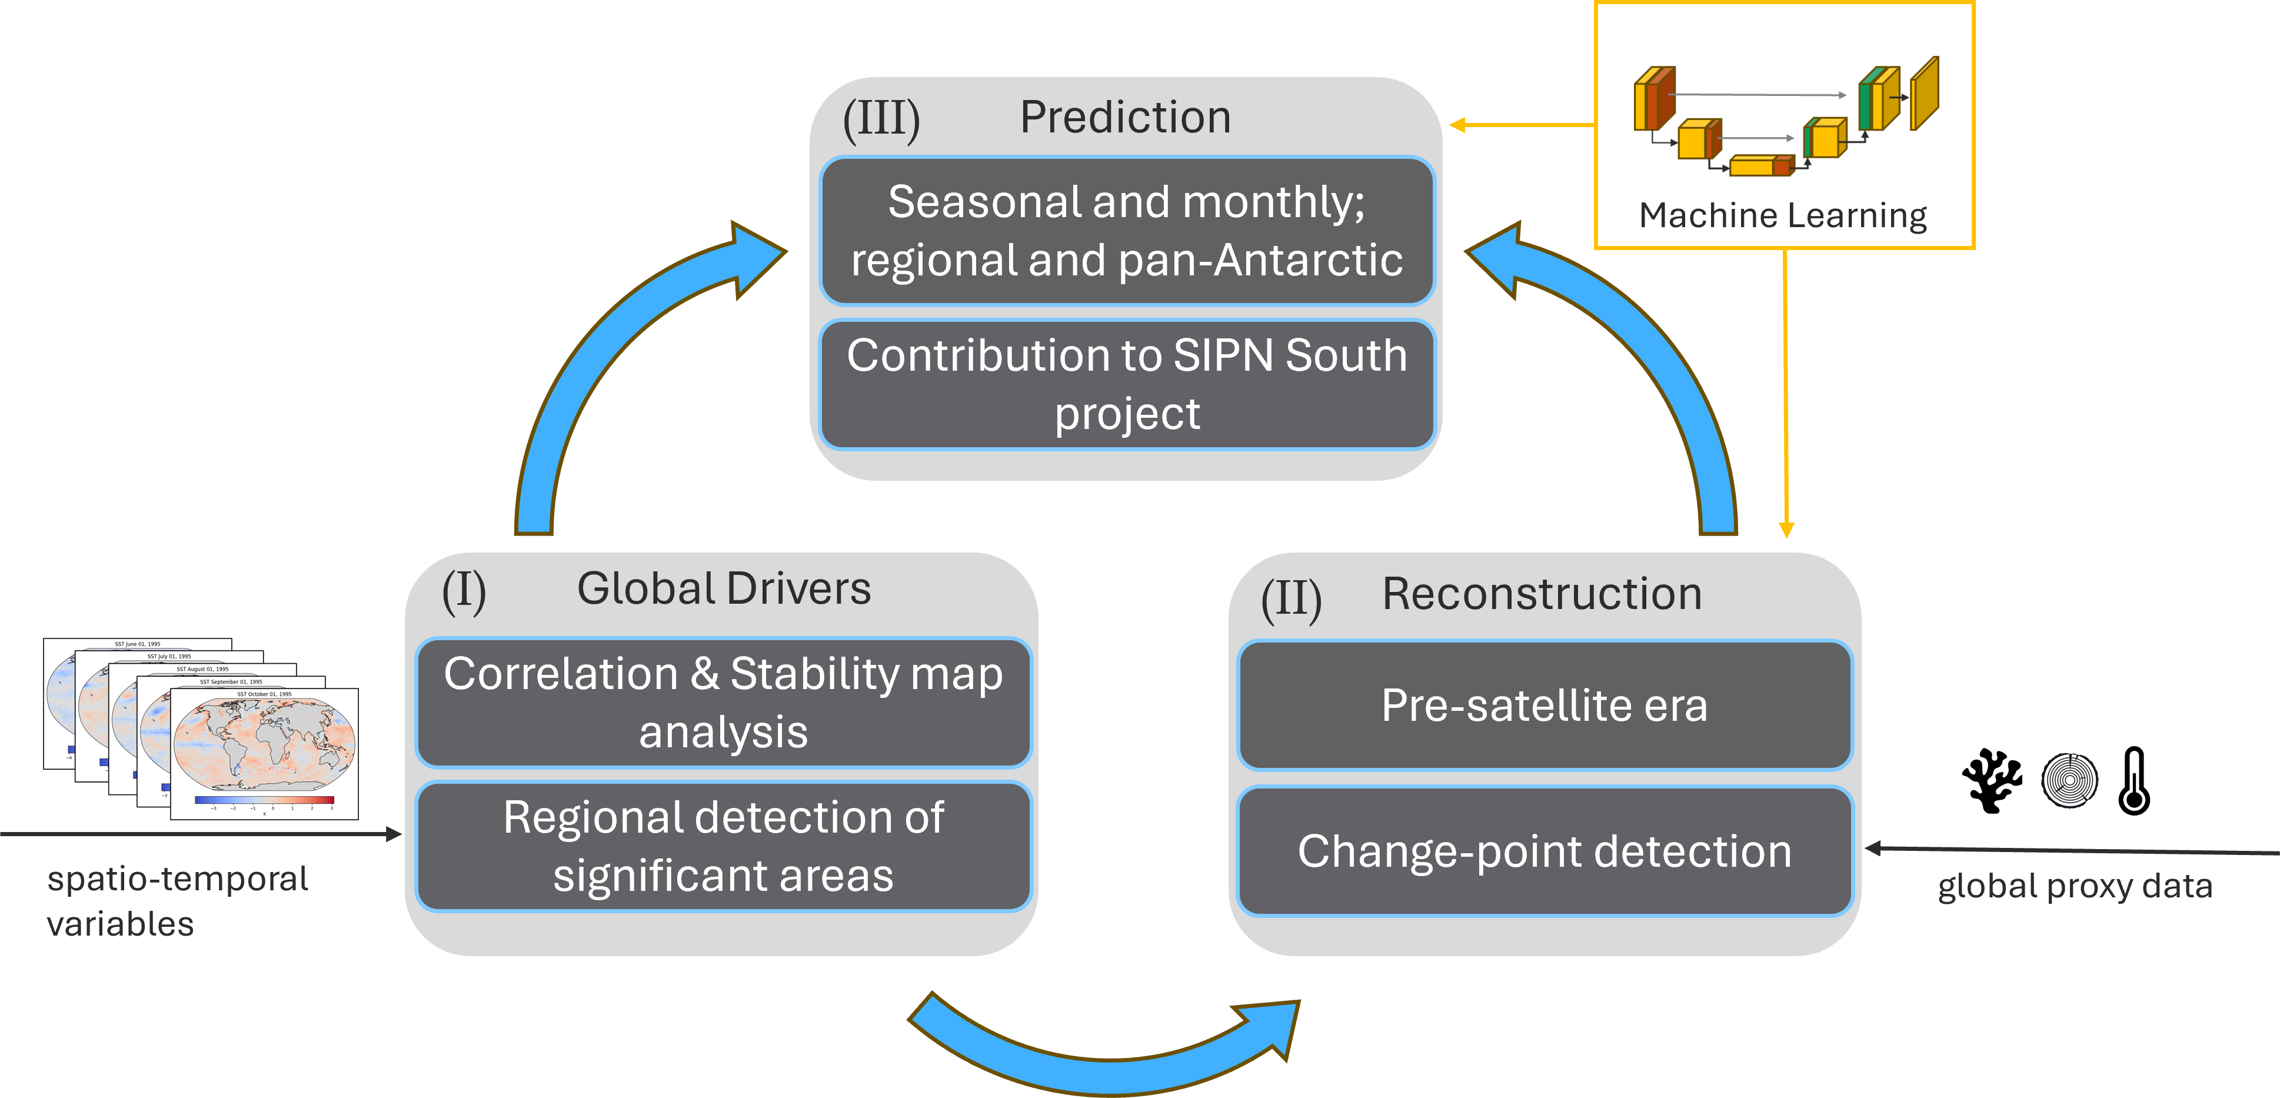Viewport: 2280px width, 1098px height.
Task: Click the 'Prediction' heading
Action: pos(1125,118)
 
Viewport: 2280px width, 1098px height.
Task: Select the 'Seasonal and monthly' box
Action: pos(1127,231)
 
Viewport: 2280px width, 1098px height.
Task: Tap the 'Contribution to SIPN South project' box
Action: pos(1127,384)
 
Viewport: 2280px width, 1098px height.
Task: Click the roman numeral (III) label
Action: pos(881,119)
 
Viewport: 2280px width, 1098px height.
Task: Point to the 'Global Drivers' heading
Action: pos(723,589)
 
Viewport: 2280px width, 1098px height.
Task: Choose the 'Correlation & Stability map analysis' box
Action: pos(723,702)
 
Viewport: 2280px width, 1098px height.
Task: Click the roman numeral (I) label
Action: pos(464,591)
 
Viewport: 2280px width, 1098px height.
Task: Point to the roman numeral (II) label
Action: pos(1292,600)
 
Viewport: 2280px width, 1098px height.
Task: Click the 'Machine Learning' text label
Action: pos(1783,215)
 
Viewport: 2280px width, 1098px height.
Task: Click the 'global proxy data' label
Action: pos(2075,886)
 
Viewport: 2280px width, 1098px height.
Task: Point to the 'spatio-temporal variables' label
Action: pos(177,900)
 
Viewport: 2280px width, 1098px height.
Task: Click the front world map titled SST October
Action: pos(264,753)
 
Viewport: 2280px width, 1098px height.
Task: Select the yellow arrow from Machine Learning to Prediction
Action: pos(1522,126)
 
